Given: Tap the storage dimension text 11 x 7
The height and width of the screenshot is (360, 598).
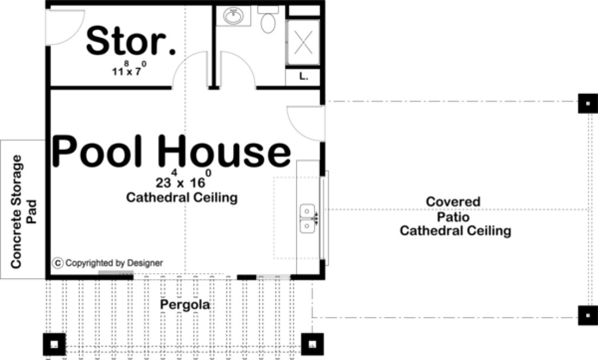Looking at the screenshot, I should [128, 70].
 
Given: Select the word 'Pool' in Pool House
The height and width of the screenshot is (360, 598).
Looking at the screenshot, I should [101, 151].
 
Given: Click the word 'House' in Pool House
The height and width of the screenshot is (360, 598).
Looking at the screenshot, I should [225, 151].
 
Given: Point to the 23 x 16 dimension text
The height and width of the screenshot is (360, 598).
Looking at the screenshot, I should [183, 179].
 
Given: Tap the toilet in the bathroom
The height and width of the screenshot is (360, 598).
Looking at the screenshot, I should [268, 21].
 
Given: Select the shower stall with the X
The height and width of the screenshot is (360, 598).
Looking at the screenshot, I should [304, 42].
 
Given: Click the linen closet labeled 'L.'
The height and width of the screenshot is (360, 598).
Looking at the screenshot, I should [304, 77].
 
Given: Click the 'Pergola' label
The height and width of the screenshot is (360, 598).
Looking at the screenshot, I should [185, 306].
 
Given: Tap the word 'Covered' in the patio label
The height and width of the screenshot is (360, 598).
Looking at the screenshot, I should [453, 202].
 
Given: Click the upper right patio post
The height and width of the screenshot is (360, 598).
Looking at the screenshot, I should [587, 102].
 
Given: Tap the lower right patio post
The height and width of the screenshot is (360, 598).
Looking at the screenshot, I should [587, 314].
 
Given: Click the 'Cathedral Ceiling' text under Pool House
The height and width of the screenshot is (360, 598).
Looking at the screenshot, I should [182, 197].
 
